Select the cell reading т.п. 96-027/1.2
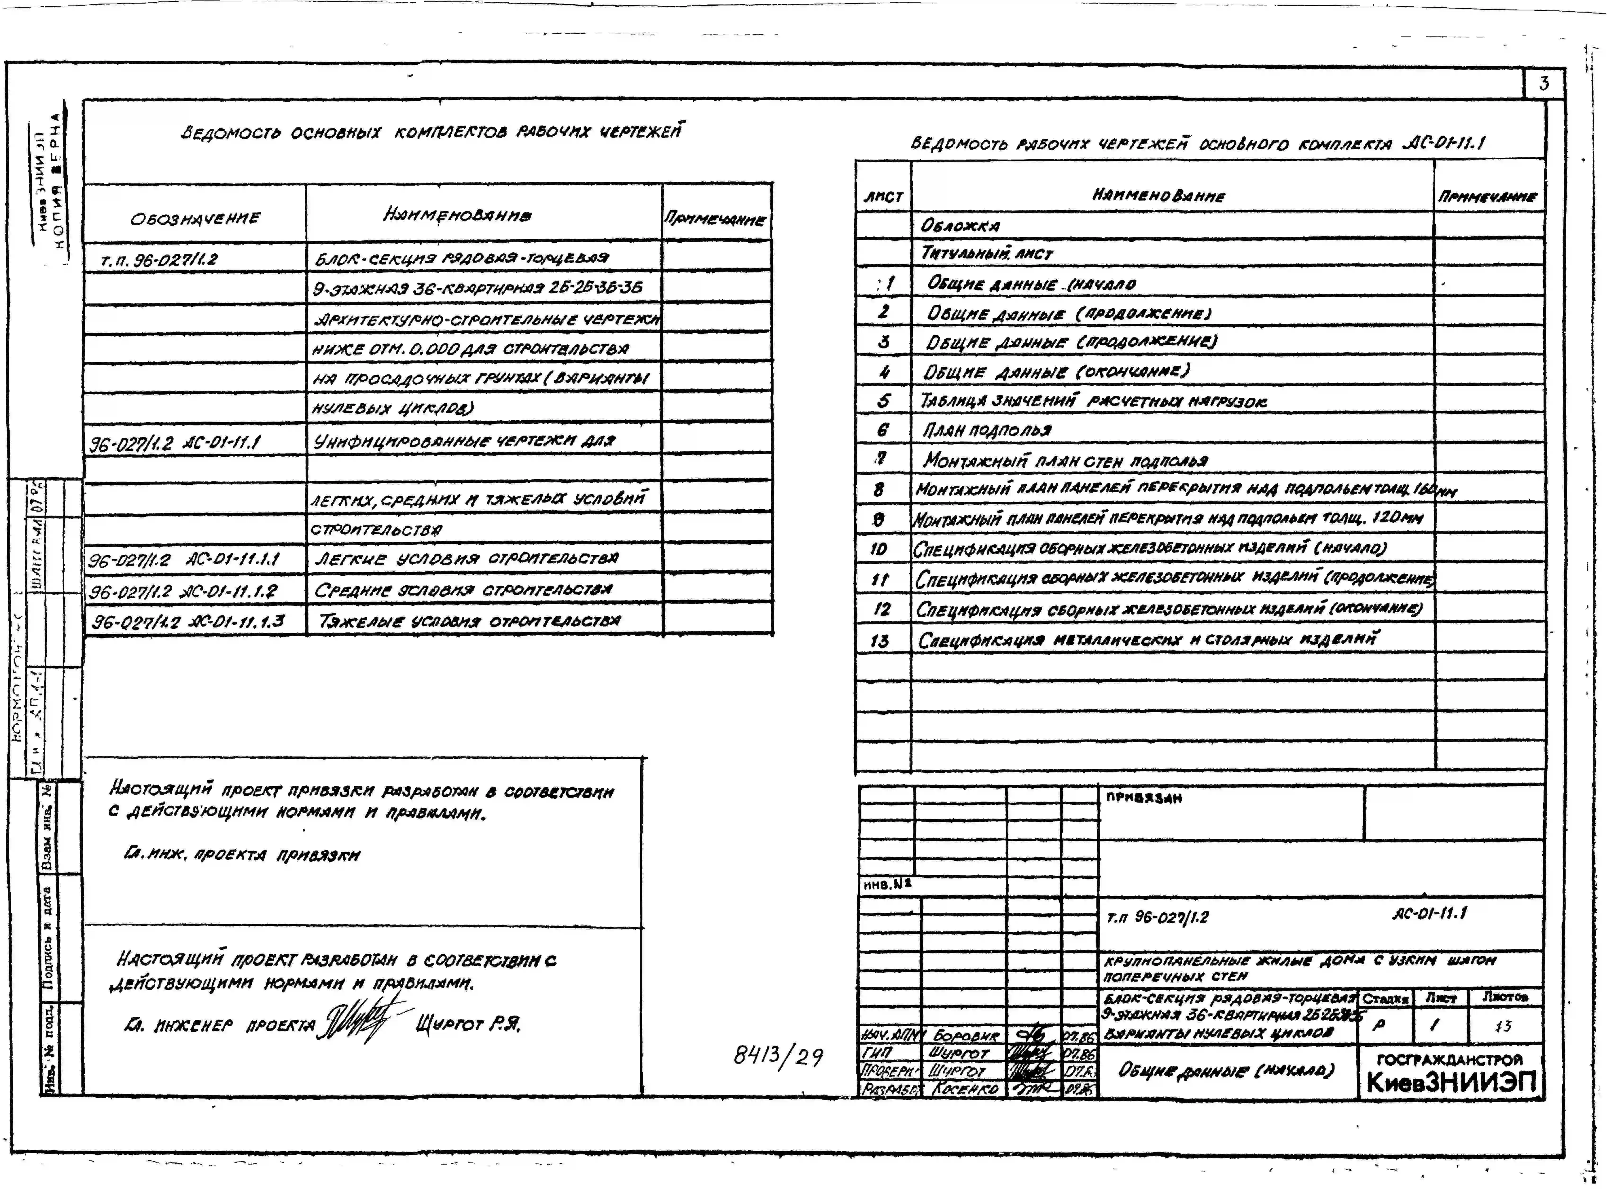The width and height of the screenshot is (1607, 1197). (159, 259)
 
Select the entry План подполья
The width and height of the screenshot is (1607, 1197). (987, 430)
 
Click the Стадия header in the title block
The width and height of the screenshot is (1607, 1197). (1384, 998)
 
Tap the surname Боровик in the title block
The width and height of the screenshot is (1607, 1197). (966, 1035)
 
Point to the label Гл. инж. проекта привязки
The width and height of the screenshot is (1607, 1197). (241, 855)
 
